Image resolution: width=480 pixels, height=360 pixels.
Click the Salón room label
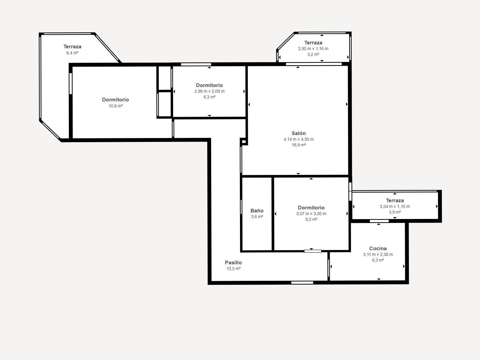point(298,133)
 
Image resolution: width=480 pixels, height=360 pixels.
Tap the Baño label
point(257,211)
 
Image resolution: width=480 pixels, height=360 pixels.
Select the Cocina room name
point(378,248)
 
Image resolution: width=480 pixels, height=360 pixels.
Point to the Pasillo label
point(233,262)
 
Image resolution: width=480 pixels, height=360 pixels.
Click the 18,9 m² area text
point(299,145)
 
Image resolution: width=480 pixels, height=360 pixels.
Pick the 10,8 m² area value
point(116,106)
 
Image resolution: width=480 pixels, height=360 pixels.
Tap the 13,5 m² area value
point(233,268)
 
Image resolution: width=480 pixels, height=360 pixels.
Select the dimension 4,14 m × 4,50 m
point(299,139)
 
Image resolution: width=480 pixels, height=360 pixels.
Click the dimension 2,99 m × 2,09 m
point(209,91)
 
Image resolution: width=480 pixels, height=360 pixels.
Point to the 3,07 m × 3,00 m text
point(311,214)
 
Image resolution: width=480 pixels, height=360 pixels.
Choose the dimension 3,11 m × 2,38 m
point(378,254)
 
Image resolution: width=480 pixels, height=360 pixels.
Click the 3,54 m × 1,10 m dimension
point(395,206)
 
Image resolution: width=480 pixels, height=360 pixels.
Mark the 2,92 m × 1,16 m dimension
point(313,49)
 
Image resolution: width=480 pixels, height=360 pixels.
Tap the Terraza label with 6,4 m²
point(72,46)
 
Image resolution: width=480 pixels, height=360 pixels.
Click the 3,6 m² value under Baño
point(257,217)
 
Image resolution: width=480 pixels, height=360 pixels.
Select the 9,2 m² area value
point(311,219)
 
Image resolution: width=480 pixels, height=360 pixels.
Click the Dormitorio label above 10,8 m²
point(115,100)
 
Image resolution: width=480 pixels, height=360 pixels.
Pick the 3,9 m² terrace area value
point(395,212)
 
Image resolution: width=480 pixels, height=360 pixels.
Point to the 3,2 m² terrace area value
point(313,54)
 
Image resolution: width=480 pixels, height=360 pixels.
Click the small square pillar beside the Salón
point(244,142)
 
